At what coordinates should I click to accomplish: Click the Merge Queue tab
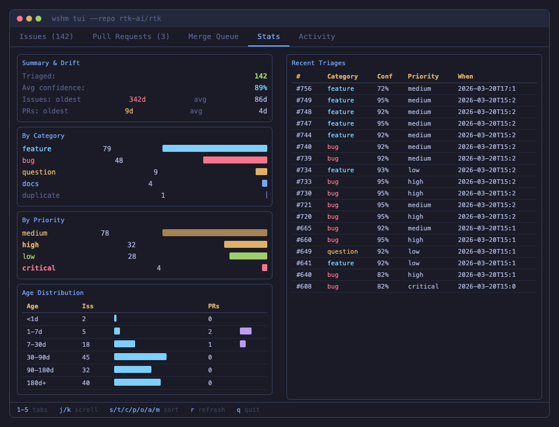[213, 37]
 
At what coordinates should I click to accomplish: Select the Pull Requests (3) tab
[131, 37]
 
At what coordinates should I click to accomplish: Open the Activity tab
[317, 37]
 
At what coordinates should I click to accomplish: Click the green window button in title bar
[38, 19]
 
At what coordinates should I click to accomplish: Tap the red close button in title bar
[20, 19]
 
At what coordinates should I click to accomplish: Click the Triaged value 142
[260, 76]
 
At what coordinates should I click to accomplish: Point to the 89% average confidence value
[260, 88]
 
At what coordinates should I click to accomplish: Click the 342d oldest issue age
[137, 99]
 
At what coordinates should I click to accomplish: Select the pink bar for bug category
[235, 160]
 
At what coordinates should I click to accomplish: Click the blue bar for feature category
[214, 148]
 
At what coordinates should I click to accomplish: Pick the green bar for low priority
[248, 256]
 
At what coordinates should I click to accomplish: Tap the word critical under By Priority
[38, 268]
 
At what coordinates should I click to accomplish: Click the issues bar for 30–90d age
[140, 357]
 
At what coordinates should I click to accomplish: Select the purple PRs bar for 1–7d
[245, 331]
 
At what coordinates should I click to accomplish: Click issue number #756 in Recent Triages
[303, 88]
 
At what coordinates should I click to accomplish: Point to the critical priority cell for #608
[423, 286]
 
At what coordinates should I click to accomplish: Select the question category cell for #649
[342, 251]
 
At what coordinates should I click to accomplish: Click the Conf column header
[384, 76]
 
